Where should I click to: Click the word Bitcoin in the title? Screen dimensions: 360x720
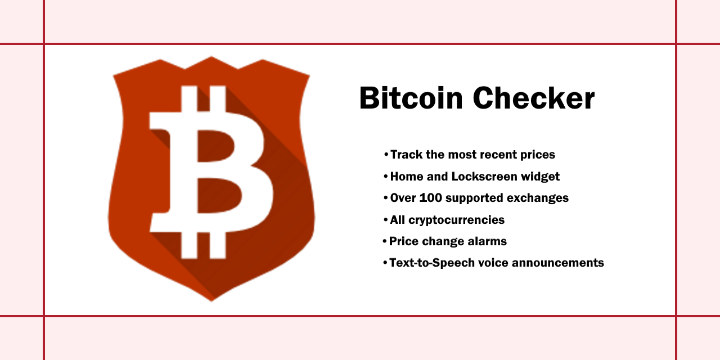(411, 98)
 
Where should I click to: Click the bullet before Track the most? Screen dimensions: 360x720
(386, 155)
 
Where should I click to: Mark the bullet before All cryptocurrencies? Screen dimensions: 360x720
(385, 220)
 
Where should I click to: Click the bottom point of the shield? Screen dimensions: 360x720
(211, 300)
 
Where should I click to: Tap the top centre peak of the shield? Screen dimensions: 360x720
(211, 57)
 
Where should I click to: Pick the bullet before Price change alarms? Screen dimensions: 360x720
(385, 241)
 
